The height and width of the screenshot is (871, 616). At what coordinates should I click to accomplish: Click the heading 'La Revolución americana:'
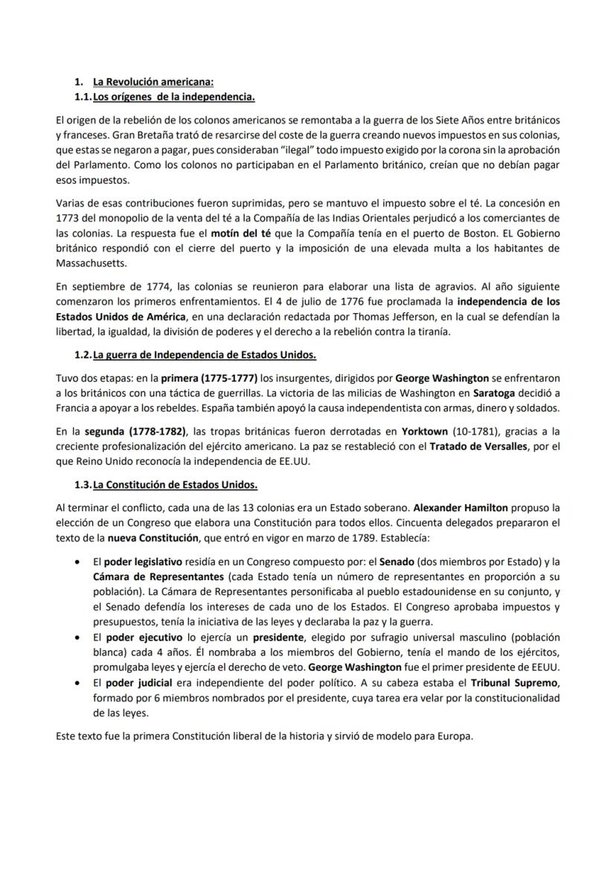point(153,82)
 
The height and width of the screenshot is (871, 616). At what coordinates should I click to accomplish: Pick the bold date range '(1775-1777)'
point(231,378)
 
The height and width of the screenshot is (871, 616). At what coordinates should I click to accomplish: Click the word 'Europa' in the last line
point(455,736)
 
